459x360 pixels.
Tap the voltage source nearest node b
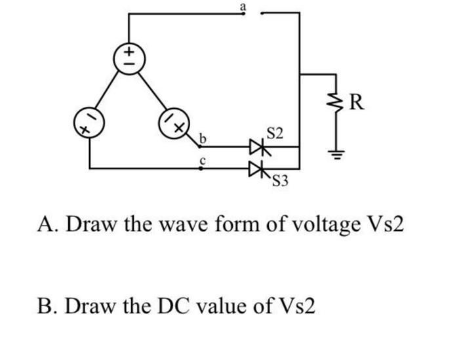coord(173,123)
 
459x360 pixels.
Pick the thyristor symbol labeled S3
coord(260,169)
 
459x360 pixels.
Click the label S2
coord(275,134)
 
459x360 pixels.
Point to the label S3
coord(280,181)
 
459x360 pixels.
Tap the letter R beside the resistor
coord(357,103)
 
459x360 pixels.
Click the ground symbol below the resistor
coord(338,156)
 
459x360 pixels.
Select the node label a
coord(243,6)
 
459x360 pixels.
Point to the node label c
coord(203,160)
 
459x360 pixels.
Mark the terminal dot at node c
coord(201,169)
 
